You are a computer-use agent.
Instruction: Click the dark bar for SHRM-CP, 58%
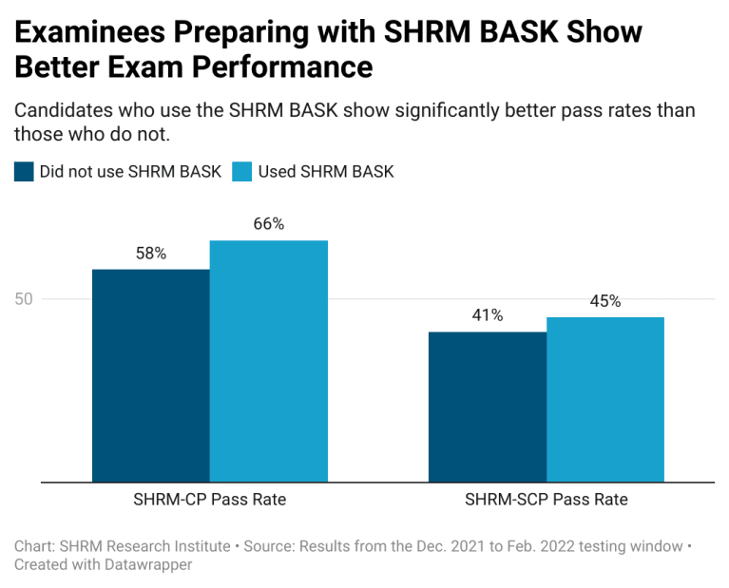point(150,375)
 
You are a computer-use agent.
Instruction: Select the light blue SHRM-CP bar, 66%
point(269,361)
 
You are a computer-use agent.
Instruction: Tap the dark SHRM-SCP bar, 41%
point(488,407)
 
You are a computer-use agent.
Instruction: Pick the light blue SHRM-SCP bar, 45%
point(605,399)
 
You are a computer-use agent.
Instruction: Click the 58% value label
point(150,254)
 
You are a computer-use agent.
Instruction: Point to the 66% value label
point(269,224)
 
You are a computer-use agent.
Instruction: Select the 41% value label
point(488,315)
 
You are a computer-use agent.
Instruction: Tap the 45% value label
point(605,301)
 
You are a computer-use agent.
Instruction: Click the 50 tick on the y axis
point(23,299)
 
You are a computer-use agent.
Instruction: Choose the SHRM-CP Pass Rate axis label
point(210,499)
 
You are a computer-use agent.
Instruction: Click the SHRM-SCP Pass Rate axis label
point(547,499)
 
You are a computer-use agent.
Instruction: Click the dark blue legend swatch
point(23,172)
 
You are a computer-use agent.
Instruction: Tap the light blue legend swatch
point(241,172)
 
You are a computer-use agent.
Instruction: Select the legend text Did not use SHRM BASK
point(130,172)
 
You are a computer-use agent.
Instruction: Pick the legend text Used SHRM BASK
point(326,172)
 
